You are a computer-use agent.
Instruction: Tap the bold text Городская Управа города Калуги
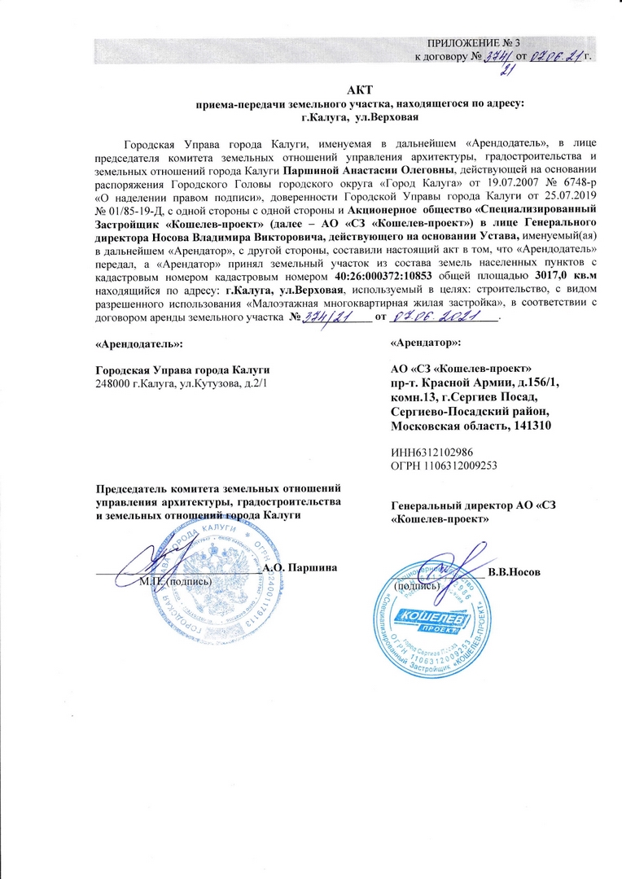(183, 370)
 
